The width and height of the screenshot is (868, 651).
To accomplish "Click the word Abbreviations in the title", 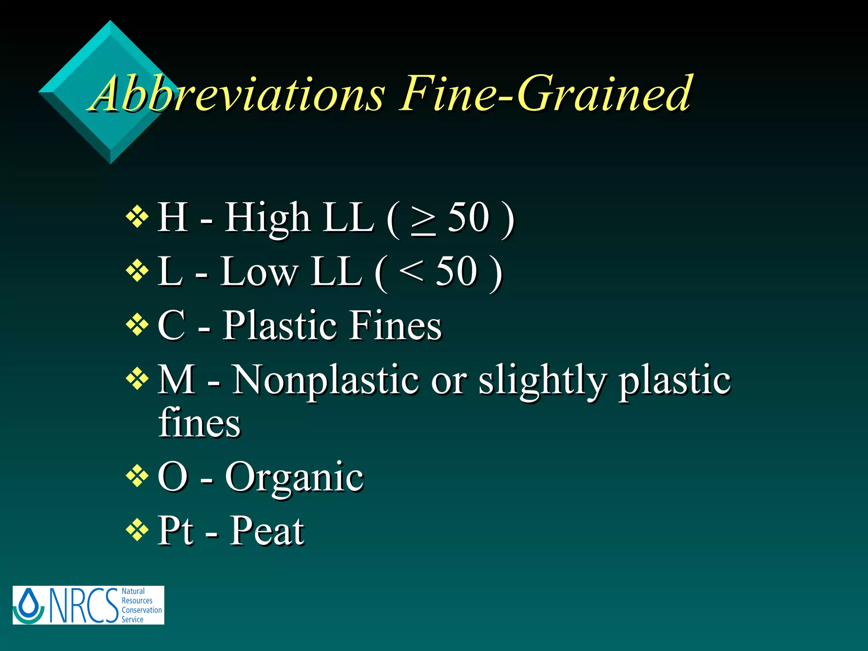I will click(x=237, y=94).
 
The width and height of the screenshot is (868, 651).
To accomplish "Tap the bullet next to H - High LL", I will click(x=137, y=217).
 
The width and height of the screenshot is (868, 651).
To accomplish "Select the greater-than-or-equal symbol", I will click(x=423, y=220).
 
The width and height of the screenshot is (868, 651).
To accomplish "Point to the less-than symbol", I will click(x=411, y=271).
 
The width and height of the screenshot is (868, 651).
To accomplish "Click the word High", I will click(x=267, y=218).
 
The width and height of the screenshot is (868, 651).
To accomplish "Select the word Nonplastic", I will click(x=326, y=380).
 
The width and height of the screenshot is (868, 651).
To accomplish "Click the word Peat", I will click(x=267, y=531).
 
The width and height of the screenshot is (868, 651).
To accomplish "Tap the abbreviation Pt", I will click(x=176, y=531).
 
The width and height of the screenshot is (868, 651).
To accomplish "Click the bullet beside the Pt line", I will click(x=137, y=530).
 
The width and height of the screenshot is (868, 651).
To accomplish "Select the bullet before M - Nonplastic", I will click(x=137, y=378).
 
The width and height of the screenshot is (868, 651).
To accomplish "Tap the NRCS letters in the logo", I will click(x=83, y=605).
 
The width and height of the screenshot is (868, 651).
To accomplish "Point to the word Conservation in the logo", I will click(x=142, y=610).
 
